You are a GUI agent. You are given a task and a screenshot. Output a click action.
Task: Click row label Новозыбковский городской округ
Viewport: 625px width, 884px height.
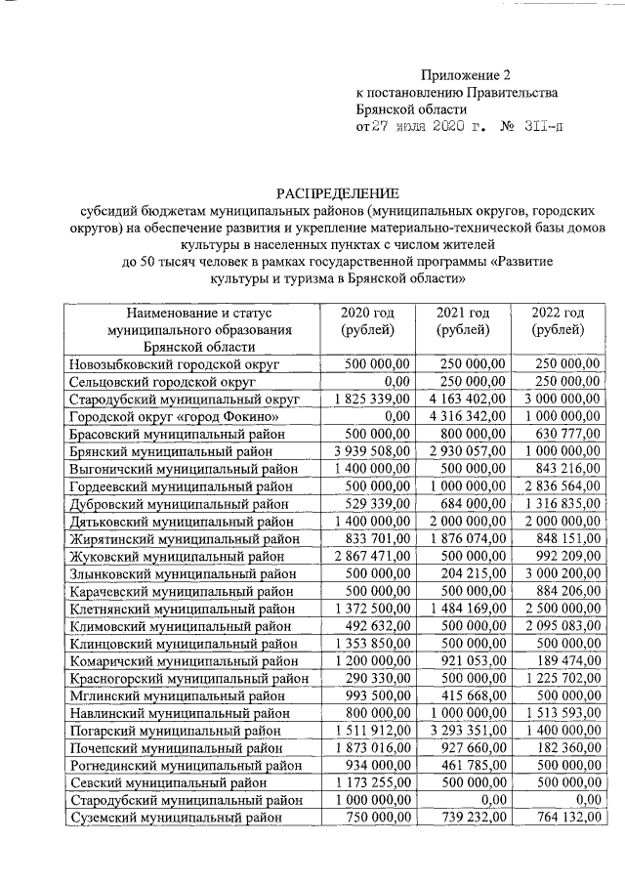pos(175,364)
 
